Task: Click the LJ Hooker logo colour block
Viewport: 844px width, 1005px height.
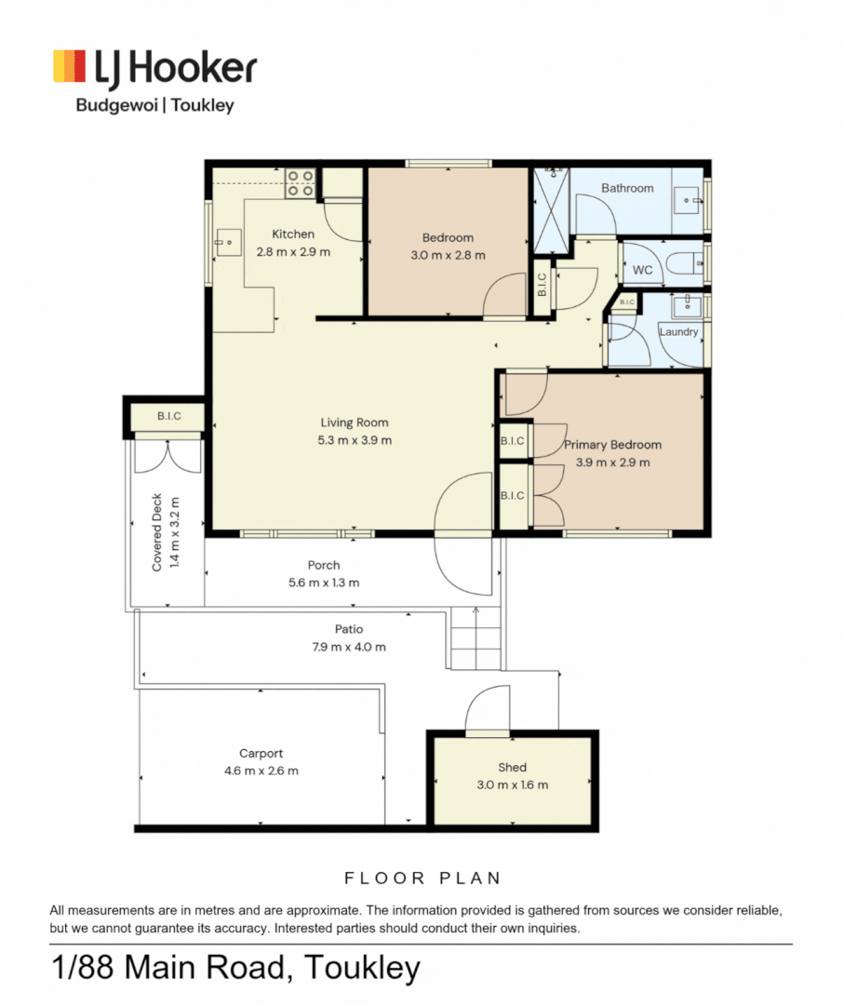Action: pos(69,66)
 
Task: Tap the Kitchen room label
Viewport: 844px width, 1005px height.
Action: pos(293,234)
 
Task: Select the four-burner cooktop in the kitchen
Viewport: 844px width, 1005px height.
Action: pos(300,182)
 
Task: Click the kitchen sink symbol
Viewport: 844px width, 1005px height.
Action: pos(228,242)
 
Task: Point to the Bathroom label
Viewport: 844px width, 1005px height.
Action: pos(627,188)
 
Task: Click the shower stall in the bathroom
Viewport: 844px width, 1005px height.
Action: pos(551,210)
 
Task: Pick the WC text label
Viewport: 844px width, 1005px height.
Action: pos(643,270)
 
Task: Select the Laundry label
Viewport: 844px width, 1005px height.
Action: pos(678,331)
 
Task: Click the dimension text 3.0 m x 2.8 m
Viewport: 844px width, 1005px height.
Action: pos(448,254)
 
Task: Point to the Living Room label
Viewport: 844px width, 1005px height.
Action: pos(355,422)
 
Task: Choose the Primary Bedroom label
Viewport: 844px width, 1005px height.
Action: pos(612,445)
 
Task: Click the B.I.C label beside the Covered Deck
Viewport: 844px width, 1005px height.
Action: pos(169,416)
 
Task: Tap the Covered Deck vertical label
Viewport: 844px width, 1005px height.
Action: pos(157,532)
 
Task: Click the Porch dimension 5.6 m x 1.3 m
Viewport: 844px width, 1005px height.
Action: pos(324,583)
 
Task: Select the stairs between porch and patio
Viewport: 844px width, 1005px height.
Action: pos(476,638)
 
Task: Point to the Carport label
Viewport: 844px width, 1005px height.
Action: pos(261,753)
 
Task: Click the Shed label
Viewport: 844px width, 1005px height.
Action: pos(512,767)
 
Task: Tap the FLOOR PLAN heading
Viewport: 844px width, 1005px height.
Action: pos(422,878)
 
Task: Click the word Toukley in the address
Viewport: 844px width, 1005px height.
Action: pos(362,968)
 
